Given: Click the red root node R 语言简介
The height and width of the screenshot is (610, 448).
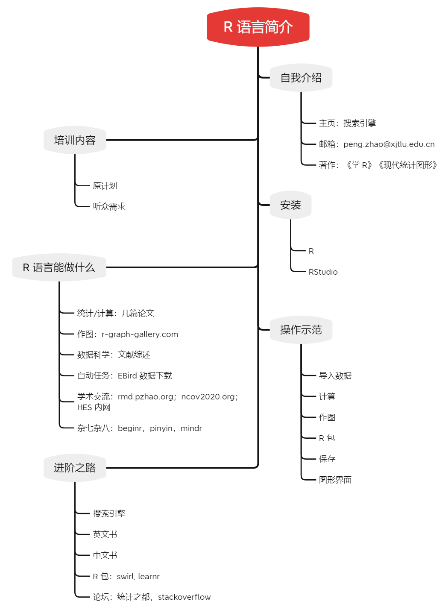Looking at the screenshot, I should click(258, 27).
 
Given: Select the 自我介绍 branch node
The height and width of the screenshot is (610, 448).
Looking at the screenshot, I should click(301, 78).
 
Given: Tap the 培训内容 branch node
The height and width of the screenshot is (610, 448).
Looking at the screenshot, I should click(75, 140).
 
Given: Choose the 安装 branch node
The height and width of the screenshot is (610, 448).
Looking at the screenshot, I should click(290, 205).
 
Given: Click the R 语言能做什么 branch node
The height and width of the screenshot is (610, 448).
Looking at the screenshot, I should click(59, 267).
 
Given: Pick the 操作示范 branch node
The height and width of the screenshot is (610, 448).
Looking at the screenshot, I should click(301, 330).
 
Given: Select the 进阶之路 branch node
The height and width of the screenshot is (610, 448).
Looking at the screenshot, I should click(75, 468).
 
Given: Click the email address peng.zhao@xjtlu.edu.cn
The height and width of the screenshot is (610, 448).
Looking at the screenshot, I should click(389, 144).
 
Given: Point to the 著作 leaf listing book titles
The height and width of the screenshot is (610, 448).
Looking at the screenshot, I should click(378, 165).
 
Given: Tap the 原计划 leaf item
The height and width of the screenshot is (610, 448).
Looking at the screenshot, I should click(105, 186).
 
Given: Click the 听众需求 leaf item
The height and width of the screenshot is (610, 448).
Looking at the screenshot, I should click(109, 207).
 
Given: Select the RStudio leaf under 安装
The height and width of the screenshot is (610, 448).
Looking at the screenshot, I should click(323, 272).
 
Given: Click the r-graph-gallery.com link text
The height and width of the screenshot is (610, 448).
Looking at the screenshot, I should click(140, 334).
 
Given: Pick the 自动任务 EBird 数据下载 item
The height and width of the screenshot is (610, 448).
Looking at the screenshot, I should click(124, 376).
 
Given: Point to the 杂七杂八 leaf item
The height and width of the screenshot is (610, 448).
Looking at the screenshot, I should click(139, 428).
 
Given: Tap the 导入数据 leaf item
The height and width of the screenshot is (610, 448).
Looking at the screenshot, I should click(335, 376).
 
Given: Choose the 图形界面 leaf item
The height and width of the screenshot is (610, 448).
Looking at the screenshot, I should click(335, 480).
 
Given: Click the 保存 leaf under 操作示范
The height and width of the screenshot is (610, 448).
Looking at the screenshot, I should click(327, 459).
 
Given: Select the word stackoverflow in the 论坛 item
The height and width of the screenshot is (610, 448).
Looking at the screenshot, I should click(184, 597).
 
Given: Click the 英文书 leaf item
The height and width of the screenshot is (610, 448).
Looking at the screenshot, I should click(105, 534).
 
